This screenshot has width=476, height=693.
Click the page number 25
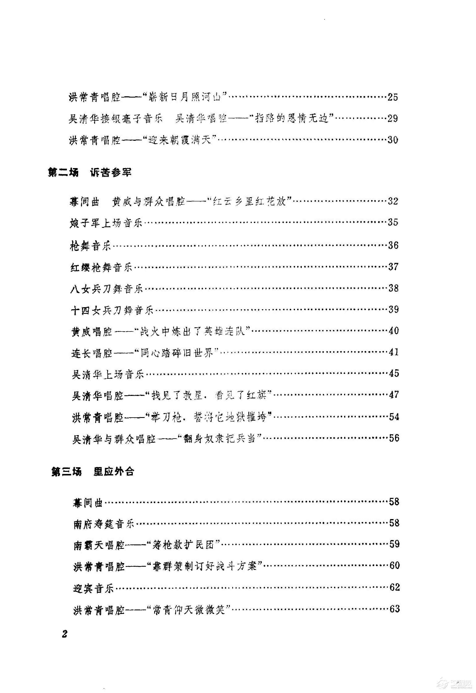tap(393, 97)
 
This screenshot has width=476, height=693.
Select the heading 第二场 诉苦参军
tap(90, 172)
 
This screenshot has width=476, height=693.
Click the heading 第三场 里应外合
tap(93, 472)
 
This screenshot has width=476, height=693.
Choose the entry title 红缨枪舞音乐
tap(101, 267)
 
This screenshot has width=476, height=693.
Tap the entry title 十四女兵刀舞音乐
tap(112, 310)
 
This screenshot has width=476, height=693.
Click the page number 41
tap(394, 352)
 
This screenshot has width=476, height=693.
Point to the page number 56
tap(394, 438)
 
